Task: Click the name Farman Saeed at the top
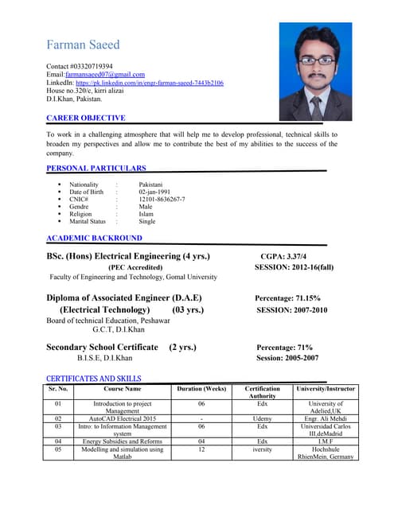click(x=83, y=45)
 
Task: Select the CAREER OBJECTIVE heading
click(x=85, y=118)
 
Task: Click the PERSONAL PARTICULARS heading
click(x=96, y=169)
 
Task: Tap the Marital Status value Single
click(x=147, y=222)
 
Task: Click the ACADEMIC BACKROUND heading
click(x=94, y=238)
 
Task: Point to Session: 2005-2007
click(x=287, y=358)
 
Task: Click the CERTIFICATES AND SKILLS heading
click(x=94, y=378)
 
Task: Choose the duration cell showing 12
click(x=201, y=449)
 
